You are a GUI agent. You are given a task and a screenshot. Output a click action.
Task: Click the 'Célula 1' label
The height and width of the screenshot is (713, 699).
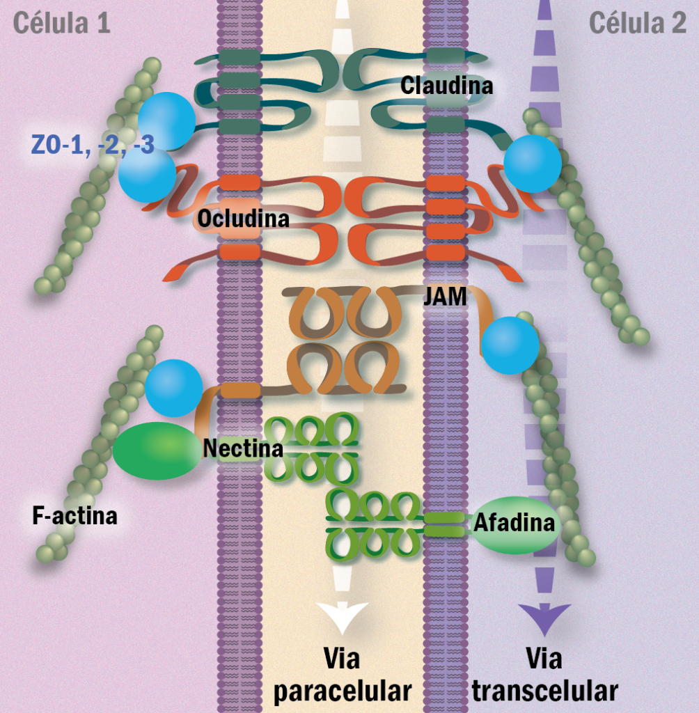[x=61, y=23]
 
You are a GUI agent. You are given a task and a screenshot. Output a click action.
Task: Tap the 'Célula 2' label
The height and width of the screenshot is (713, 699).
[x=638, y=23]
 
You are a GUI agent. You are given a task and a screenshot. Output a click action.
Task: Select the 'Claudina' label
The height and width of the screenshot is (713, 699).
[x=446, y=86]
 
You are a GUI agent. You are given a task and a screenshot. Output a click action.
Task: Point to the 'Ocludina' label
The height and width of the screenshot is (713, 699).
[x=243, y=218]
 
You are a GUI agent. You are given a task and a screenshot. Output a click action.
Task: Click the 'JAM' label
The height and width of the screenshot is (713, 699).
[x=444, y=300]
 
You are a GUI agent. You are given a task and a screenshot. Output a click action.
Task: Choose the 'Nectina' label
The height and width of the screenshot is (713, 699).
[x=243, y=448]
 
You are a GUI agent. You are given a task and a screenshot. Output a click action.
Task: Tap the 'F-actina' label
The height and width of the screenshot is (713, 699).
[x=74, y=516]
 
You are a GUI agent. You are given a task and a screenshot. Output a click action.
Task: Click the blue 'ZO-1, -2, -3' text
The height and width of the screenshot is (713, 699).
[x=93, y=143]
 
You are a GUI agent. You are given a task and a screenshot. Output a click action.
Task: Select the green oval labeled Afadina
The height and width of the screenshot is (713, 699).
[x=516, y=524]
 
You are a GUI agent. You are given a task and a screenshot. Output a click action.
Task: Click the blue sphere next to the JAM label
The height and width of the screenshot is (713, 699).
[x=510, y=345]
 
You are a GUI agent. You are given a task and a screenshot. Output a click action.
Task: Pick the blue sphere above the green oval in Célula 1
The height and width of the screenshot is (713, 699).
[x=173, y=388]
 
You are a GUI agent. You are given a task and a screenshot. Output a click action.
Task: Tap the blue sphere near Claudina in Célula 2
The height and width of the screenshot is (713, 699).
[x=532, y=164]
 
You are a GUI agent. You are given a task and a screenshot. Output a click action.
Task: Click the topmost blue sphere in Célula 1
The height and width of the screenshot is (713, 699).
[x=167, y=120]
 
